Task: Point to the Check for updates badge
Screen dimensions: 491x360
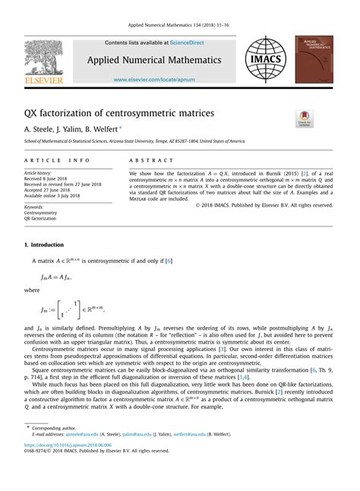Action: (305, 119)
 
